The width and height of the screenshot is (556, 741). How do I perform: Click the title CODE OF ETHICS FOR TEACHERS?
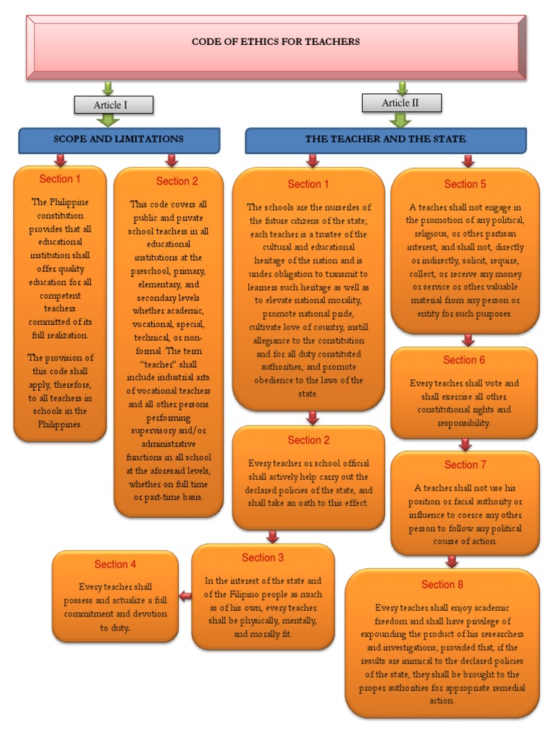(275, 42)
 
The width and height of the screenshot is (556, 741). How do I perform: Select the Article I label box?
(114, 105)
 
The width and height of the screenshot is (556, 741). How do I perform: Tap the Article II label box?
(400, 103)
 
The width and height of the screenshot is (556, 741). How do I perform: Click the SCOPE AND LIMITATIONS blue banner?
(119, 139)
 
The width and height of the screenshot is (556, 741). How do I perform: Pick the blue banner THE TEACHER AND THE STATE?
(385, 139)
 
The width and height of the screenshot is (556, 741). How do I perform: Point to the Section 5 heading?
(461, 184)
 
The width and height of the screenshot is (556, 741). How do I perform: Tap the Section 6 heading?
(464, 360)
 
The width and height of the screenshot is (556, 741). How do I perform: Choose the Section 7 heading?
(461, 465)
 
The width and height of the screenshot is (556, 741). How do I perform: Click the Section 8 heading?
(442, 584)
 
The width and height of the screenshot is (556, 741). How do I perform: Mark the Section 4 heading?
(115, 564)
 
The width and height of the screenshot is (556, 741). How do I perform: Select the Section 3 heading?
(263, 557)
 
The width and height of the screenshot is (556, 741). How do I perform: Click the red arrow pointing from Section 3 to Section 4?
(185, 596)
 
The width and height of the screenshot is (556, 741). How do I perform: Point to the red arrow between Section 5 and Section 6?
(468, 339)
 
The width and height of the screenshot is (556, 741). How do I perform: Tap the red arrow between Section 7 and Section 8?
(452, 561)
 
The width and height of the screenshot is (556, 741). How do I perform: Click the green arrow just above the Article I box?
(108, 88)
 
